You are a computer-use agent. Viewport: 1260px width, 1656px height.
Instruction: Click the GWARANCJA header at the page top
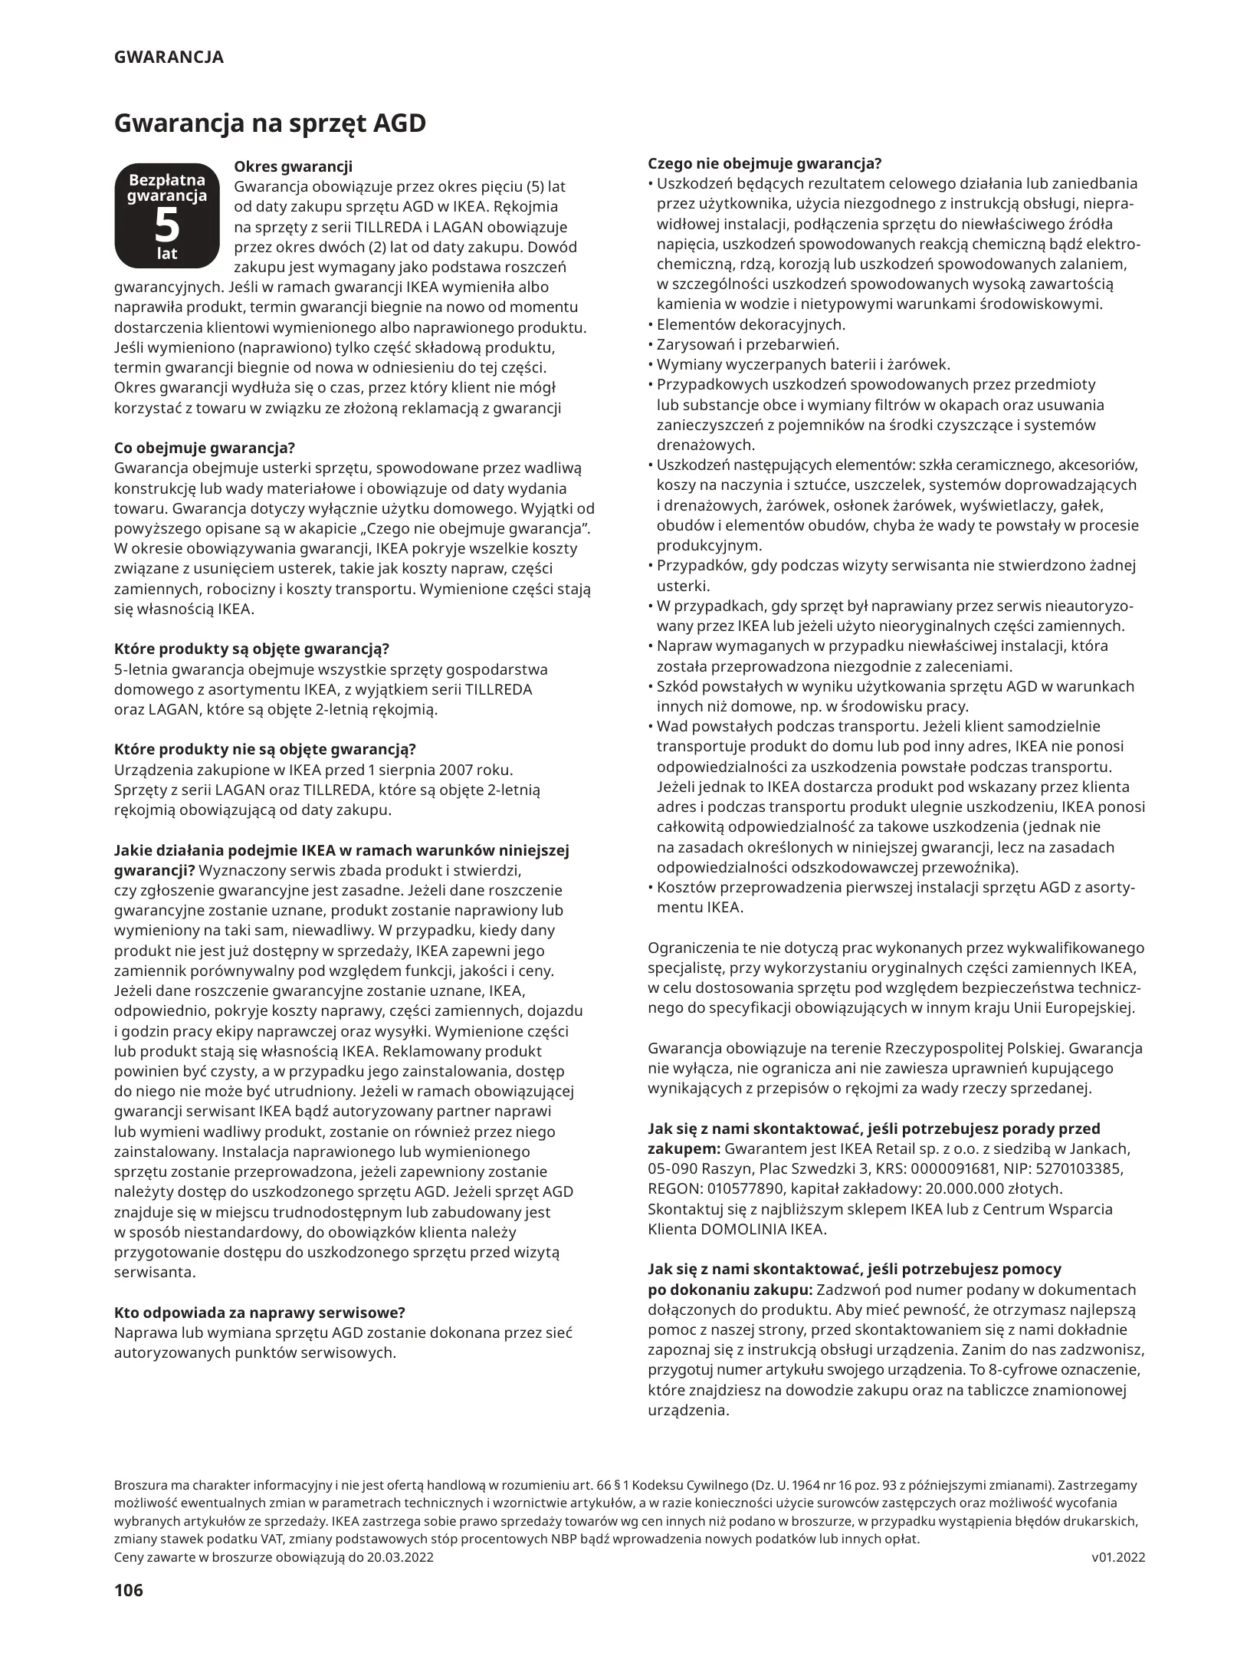pos(169,58)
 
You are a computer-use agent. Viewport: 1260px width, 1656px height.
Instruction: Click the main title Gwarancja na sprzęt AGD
pos(270,123)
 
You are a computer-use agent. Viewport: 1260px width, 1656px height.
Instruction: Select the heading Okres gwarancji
pos(293,166)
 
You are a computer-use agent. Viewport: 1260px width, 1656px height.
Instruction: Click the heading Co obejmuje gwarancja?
pos(205,448)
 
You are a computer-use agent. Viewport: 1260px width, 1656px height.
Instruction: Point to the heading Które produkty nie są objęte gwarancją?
pos(265,749)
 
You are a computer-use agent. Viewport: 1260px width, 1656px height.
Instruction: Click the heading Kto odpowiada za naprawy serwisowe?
pos(259,1312)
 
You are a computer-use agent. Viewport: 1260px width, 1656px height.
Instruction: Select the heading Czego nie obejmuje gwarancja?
pos(765,163)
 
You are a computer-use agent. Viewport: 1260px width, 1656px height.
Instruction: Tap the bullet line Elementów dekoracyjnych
pos(751,324)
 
